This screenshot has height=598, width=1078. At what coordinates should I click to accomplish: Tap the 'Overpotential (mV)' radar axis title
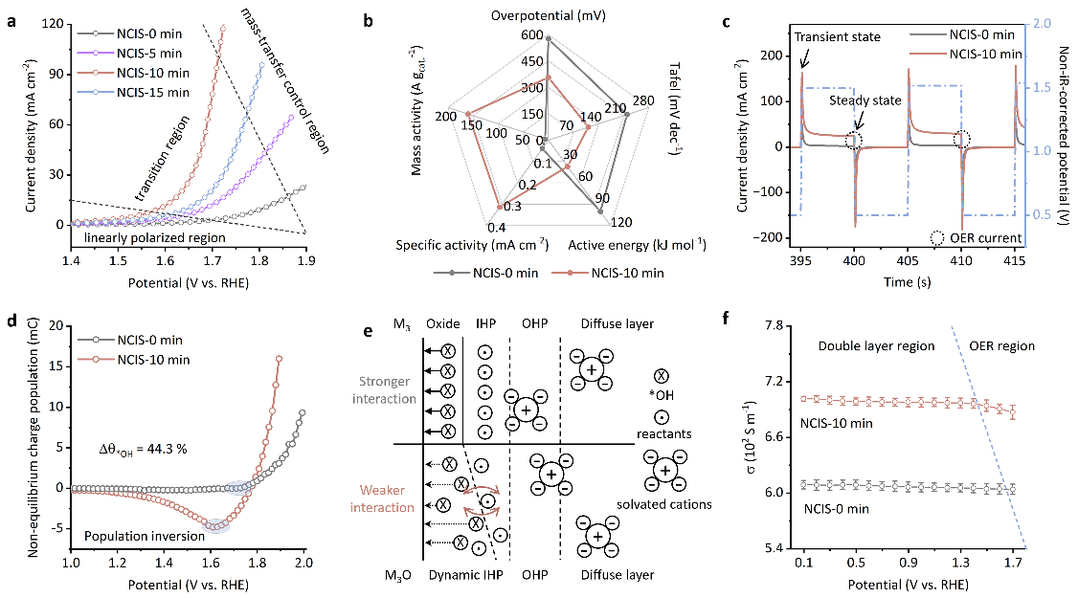tap(548, 16)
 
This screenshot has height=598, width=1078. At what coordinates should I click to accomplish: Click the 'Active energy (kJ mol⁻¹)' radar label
tap(637, 246)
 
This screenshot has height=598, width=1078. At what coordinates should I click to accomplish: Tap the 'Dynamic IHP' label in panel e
tap(464, 575)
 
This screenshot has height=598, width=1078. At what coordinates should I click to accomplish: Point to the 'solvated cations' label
tap(664, 504)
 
